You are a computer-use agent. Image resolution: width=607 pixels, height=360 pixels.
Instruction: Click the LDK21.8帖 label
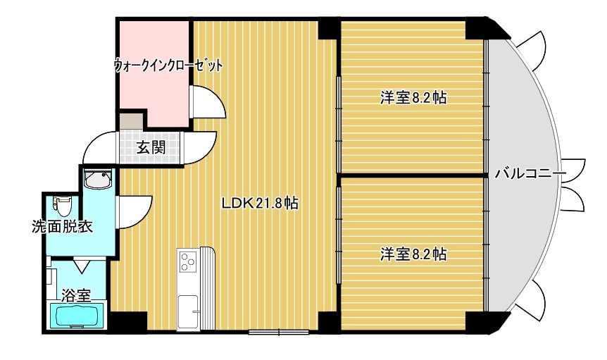261,204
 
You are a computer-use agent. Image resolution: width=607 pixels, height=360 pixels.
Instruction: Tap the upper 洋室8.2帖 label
413,98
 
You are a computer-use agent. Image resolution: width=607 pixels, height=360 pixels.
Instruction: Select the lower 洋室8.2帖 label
413,254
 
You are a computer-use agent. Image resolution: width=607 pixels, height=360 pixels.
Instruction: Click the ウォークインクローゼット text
168,66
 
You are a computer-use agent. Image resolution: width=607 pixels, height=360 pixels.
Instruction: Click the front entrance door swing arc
96,149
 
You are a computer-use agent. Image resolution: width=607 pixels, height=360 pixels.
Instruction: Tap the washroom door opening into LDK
134,211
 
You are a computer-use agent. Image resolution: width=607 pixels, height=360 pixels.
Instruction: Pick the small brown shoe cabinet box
130,120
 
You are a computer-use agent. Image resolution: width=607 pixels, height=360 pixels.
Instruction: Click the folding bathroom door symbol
82,266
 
